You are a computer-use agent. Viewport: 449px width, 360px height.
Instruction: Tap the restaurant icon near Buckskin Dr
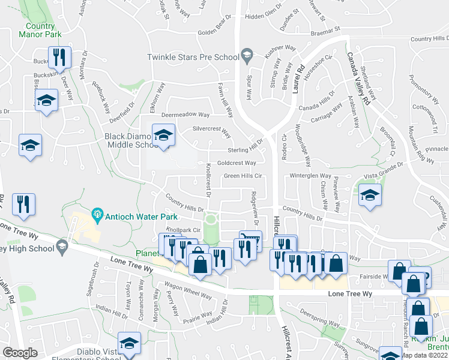[x=59, y=58]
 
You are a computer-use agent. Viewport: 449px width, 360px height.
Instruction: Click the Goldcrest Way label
[x=236, y=163]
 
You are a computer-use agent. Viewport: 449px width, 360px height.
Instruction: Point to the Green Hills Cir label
[x=243, y=176]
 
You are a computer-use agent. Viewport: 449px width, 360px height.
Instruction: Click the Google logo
[x=20, y=353]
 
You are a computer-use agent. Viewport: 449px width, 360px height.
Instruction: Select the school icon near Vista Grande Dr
[x=370, y=195]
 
